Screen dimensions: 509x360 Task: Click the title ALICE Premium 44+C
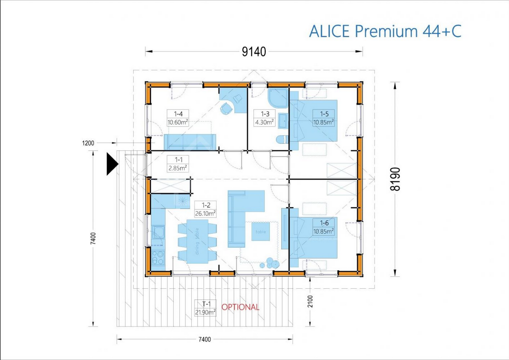click(385, 31)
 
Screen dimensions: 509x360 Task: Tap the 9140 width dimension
click(254, 51)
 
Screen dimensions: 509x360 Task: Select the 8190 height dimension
click(395, 179)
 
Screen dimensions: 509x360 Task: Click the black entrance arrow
click(112, 164)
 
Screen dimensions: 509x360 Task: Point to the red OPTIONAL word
click(240, 307)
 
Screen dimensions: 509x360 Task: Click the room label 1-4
click(178, 114)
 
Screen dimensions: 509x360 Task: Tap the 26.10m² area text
click(206, 213)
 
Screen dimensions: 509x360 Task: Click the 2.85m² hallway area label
click(177, 168)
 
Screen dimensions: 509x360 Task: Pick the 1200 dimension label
click(88, 143)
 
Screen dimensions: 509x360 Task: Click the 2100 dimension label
click(310, 301)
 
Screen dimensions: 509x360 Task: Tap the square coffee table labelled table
click(261, 231)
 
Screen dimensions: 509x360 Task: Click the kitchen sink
click(159, 232)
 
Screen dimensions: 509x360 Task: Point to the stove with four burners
click(158, 258)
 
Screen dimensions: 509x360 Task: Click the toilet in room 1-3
click(282, 140)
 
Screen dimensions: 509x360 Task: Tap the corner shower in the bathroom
click(278, 98)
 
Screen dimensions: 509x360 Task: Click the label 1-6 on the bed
click(324, 223)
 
